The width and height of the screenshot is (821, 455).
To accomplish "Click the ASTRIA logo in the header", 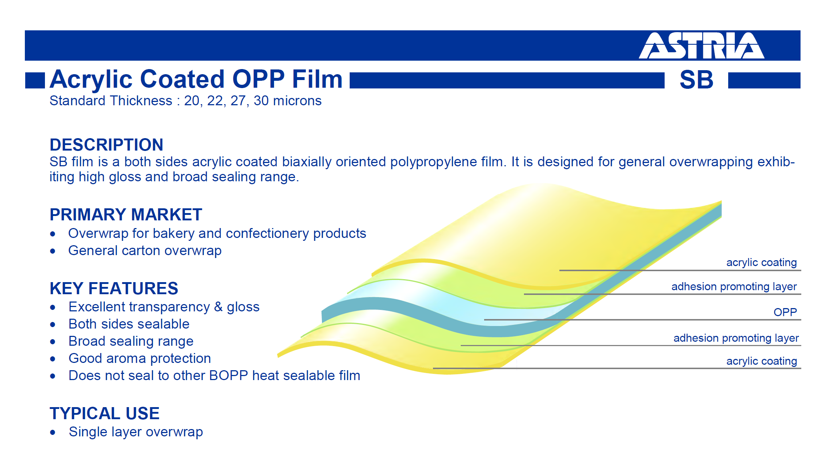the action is click(x=702, y=46).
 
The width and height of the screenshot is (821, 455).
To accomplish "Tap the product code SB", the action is click(x=696, y=80).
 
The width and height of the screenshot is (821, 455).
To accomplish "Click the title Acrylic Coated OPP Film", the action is click(x=196, y=79).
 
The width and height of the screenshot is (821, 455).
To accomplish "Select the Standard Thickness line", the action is click(x=186, y=101).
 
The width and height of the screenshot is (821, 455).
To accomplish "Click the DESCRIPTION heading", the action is click(x=106, y=145).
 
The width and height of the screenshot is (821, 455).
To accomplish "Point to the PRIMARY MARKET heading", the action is click(x=126, y=215).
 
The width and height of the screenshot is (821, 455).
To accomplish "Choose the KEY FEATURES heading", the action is click(x=114, y=288).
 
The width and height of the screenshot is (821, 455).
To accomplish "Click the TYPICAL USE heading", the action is click(x=104, y=413).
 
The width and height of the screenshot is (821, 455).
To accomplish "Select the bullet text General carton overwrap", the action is click(x=145, y=251).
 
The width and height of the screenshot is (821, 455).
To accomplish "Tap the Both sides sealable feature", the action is click(x=129, y=324).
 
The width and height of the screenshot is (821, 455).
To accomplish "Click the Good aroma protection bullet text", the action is click(x=140, y=359).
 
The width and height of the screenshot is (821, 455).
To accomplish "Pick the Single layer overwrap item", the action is click(x=136, y=432).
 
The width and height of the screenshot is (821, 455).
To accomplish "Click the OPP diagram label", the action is click(x=785, y=312).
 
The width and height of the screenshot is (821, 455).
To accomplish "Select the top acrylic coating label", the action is click(x=761, y=262).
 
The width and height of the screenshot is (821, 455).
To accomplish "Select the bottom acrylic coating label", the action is click(x=761, y=361).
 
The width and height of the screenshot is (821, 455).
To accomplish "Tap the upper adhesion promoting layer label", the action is click(x=734, y=287).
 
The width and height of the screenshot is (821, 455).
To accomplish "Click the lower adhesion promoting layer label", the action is click(x=736, y=338).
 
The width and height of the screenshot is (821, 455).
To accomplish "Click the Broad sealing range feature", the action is click(x=131, y=341).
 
